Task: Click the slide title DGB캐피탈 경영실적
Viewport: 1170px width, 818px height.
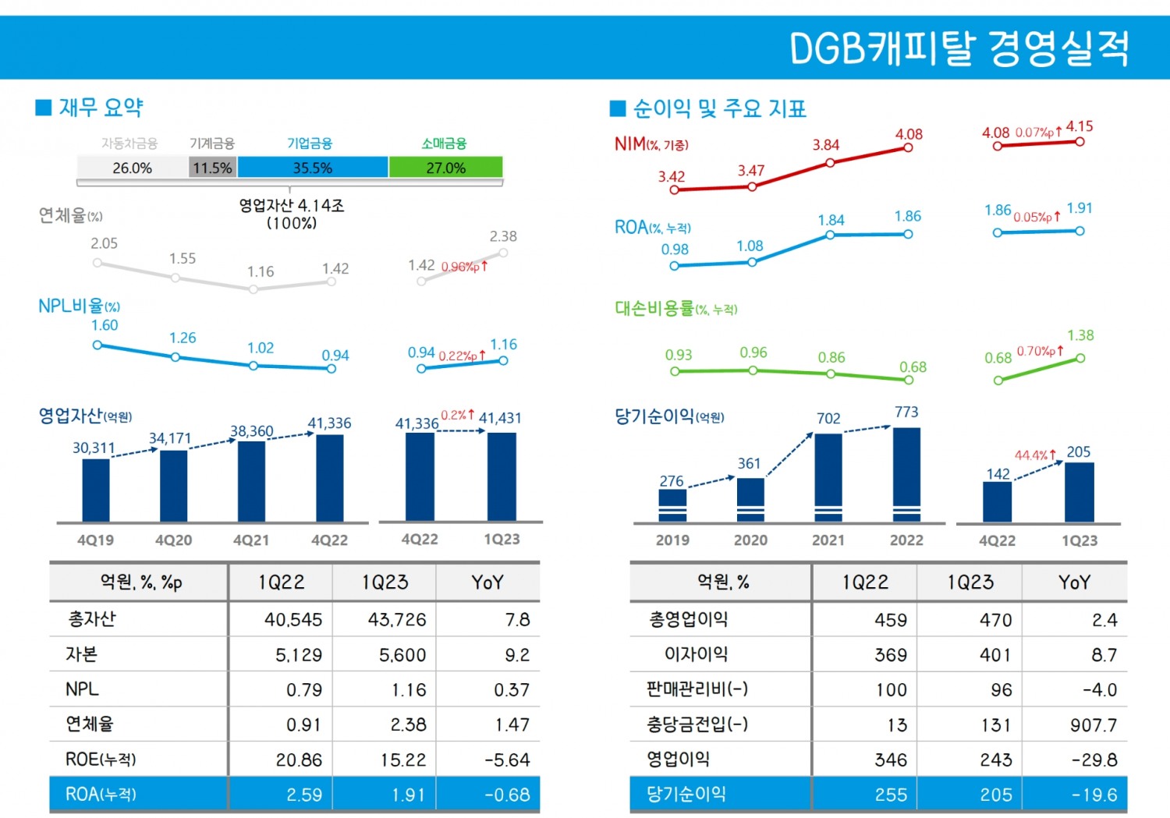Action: pos(959,48)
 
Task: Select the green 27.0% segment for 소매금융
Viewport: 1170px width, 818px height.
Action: pos(445,168)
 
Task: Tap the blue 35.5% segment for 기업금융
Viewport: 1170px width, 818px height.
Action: pos(312,168)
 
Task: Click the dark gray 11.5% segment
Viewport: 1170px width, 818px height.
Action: pos(212,168)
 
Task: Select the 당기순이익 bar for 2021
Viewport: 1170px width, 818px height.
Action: pos(828,476)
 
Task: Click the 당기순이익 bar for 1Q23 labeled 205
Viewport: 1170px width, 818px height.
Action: pos(1079,491)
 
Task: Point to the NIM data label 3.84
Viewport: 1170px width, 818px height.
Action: pos(826,145)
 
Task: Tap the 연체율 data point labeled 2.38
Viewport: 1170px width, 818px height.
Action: pos(503,253)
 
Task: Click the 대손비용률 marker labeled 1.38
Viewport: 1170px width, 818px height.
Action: pos(1080,358)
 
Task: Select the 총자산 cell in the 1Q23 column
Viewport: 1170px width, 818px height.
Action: pos(397,620)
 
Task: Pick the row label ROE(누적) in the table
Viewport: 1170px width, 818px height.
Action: pos(101,760)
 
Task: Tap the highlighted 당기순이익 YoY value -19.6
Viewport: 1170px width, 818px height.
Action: pos(1094,795)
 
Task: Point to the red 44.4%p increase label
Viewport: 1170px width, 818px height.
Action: pos(1035,455)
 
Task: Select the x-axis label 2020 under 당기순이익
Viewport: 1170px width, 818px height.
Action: pos(750,540)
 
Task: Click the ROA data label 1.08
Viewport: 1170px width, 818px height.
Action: pos(750,246)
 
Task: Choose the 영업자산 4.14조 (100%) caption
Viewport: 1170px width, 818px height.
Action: pos(292,214)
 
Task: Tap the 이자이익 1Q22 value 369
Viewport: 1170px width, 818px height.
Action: pos(890,655)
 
